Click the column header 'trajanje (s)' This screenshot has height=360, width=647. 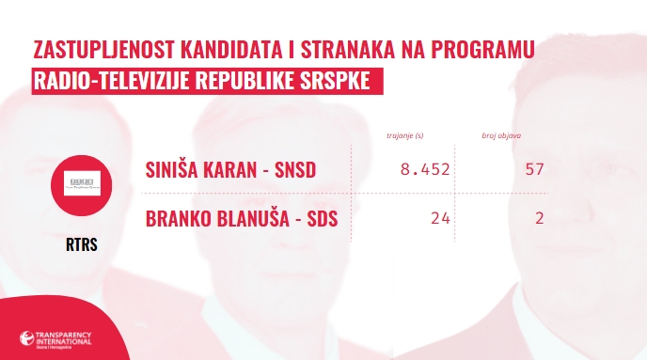point(406,136)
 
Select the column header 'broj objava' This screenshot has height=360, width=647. point(504,136)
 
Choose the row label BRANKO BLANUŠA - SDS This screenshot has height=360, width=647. point(241,220)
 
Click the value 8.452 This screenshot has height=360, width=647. point(425,170)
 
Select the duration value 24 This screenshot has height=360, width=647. point(441,220)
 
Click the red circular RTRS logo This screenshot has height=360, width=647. point(82,184)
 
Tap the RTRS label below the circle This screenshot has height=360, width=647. point(82,245)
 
